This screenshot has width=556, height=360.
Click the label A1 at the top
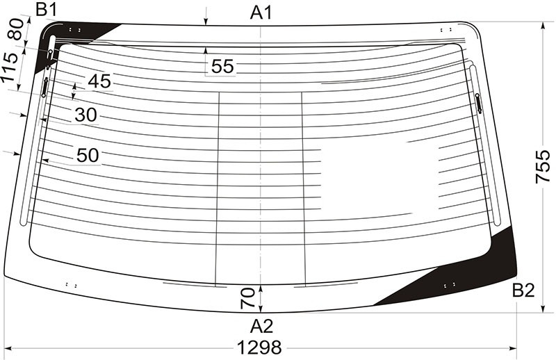pyautogui.click(x=261, y=13)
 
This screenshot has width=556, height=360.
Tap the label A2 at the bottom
pyautogui.click(x=261, y=327)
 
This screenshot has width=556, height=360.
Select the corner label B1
pyautogui.click(x=47, y=10)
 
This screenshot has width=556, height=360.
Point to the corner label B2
pyautogui.click(x=523, y=291)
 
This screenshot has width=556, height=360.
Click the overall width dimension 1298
pyautogui.click(x=259, y=347)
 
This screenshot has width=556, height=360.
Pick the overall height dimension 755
pyautogui.click(x=543, y=167)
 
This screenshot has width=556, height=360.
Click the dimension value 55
pyautogui.click(x=222, y=66)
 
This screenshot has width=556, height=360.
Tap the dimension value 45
pyautogui.click(x=99, y=81)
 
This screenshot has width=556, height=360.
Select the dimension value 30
pyautogui.click(x=85, y=115)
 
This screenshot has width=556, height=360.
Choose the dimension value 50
pyautogui.click(x=88, y=156)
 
